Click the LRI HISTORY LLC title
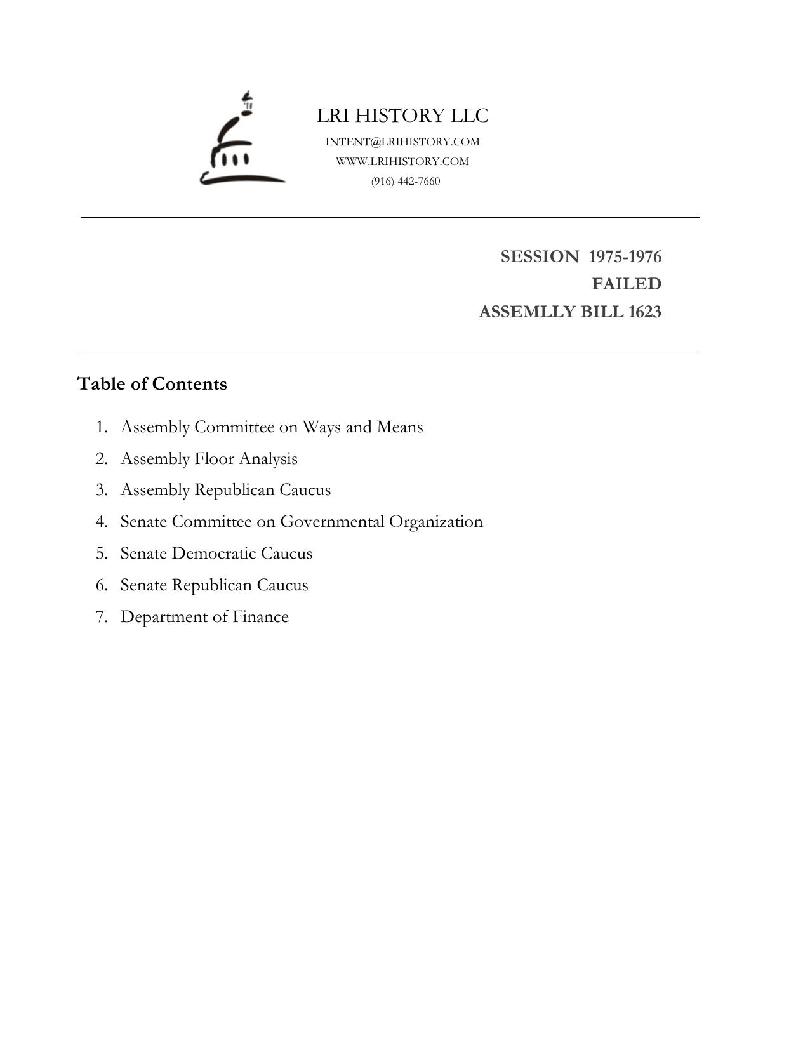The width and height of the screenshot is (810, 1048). coord(402,116)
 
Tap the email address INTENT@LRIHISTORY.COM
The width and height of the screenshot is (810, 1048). coord(402,142)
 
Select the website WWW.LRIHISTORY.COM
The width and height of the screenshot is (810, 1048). coord(402,161)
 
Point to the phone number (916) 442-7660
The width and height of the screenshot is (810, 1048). coord(406,181)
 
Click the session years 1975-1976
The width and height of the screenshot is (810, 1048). coord(625,256)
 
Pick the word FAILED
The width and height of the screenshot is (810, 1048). coord(627,284)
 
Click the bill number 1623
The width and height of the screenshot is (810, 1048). coord(644,312)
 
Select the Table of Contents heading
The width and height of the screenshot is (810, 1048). coord(152,384)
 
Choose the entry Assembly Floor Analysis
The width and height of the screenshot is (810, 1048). coord(209,458)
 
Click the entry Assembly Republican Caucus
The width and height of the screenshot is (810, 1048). coord(225,490)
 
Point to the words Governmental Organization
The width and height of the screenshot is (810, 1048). coord(381,522)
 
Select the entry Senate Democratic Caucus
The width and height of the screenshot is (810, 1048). coord(216,554)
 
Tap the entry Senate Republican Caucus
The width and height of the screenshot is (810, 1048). coord(214,585)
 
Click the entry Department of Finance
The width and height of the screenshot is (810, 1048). coord(204,617)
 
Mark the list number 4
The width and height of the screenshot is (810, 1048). coord(101,522)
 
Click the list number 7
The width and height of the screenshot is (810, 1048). coord(101,617)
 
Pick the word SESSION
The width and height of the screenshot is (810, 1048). coord(540,256)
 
